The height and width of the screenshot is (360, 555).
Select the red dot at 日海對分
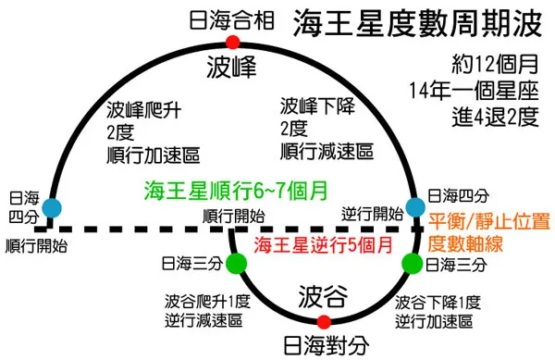(x=323, y=322)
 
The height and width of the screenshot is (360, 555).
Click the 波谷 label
(x=323, y=297)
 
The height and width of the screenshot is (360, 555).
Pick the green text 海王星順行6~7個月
(x=235, y=191)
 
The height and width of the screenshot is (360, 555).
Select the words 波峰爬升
(x=140, y=107)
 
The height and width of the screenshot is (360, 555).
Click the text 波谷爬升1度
(x=206, y=301)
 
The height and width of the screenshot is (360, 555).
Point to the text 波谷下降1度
(x=438, y=301)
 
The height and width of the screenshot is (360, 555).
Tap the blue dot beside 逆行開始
(x=413, y=208)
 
